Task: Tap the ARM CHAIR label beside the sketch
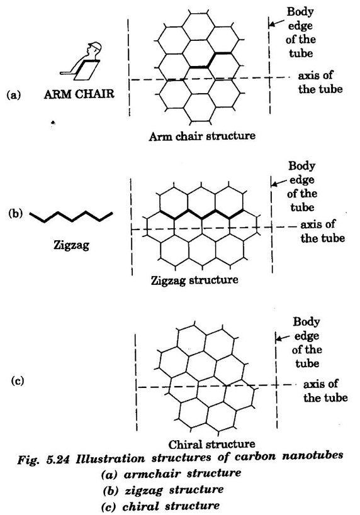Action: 79,94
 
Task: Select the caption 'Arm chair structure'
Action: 202,136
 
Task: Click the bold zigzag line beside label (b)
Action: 71,217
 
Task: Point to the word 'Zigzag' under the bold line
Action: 71,245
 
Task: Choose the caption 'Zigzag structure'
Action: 194,280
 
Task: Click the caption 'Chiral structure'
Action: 211,445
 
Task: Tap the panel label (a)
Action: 14,95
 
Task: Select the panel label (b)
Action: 16,214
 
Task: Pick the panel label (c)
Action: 18,381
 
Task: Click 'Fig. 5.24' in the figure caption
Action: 43,459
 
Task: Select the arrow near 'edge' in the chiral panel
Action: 283,338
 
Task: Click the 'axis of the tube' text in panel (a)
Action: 320,82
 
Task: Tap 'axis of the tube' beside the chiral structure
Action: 325,391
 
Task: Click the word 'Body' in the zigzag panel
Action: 302,166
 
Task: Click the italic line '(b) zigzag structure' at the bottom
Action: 163,490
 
